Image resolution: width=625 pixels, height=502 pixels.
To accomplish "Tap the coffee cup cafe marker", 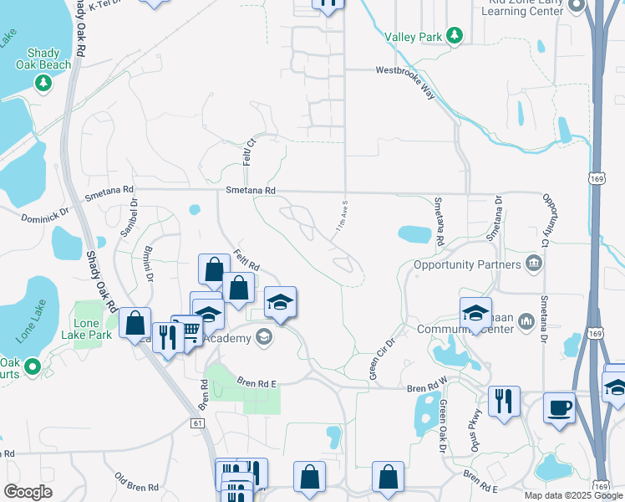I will tap(559, 408).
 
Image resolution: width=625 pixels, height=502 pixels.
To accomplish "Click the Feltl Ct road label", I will tap(248, 151).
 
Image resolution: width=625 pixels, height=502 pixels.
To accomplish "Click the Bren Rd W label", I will tap(428, 389).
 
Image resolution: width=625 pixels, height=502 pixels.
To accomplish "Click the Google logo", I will tap(28, 492).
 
